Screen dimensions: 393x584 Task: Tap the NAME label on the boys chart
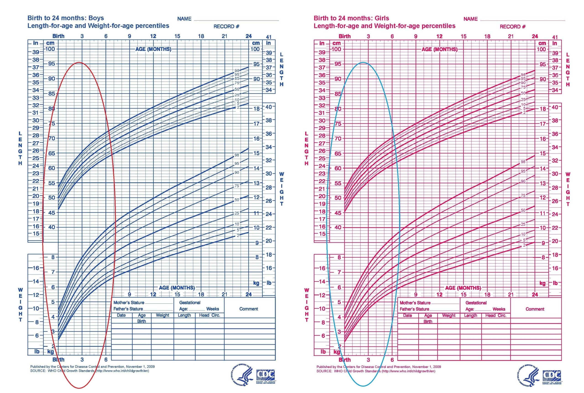[184, 19]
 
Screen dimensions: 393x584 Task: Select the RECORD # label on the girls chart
[512, 27]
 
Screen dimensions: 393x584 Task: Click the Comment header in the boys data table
[248, 309]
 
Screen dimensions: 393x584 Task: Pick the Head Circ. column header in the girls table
[496, 315]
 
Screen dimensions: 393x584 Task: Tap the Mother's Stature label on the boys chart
[129, 303]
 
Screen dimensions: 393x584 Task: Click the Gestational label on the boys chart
[190, 303]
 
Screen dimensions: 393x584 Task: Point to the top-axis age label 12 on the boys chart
[153, 36]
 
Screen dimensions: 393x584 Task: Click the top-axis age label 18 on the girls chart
[487, 36]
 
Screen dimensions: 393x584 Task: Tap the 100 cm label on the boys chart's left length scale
[50, 49]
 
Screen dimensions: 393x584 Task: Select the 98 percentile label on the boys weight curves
[237, 155]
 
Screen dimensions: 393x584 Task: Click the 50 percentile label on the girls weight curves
[523, 210]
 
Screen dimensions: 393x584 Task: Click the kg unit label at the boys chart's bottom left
[51, 352]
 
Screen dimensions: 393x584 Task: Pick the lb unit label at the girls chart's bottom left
[323, 352]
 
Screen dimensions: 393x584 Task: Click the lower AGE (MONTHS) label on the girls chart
[463, 288]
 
